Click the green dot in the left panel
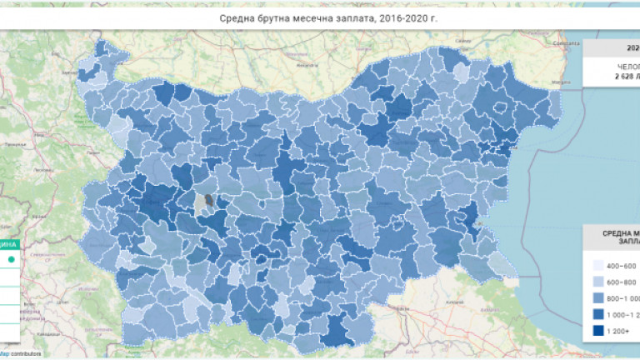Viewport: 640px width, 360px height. pos(11,260)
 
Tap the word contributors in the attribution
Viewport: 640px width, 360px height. pos(26,354)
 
